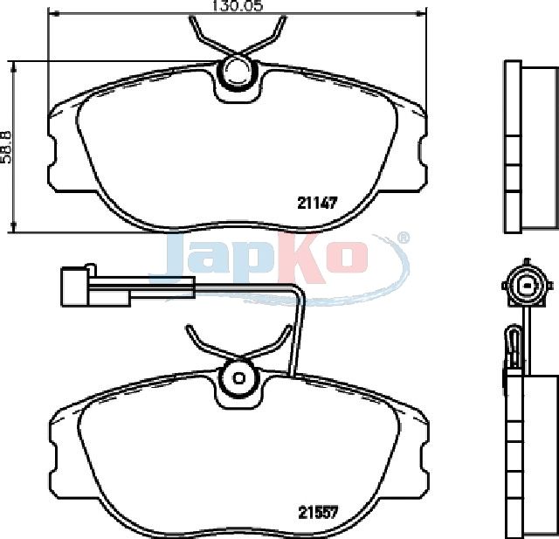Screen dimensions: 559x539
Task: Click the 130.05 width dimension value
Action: (237, 6)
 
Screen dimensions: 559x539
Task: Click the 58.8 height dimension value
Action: (6, 147)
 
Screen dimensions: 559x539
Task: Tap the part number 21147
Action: (317, 204)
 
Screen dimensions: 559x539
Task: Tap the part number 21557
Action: (318, 513)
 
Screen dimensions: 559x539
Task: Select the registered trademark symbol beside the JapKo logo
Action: (403, 238)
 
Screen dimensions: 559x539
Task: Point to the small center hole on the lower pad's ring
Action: (238, 377)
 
